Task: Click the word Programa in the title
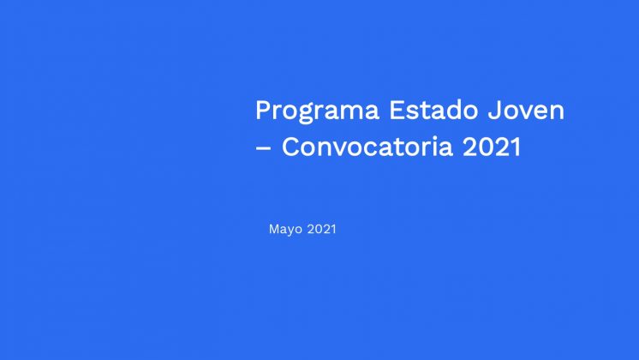(318, 111)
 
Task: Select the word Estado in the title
(433, 110)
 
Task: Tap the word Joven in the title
(526, 110)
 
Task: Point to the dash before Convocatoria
(263, 148)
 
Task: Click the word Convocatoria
(367, 147)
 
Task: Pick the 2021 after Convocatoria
(492, 147)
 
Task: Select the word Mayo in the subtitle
(285, 230)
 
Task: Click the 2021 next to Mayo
(321, 229)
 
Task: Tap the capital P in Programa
(263, 110)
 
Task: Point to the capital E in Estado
(397, 110)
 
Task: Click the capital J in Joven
(494, 110)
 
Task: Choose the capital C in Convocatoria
(291, 147)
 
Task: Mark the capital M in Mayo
(274, 229)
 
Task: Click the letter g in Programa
(308, 115)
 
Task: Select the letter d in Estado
(452, 110)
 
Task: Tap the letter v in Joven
(527, 113)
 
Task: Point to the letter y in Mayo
(293, 231)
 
